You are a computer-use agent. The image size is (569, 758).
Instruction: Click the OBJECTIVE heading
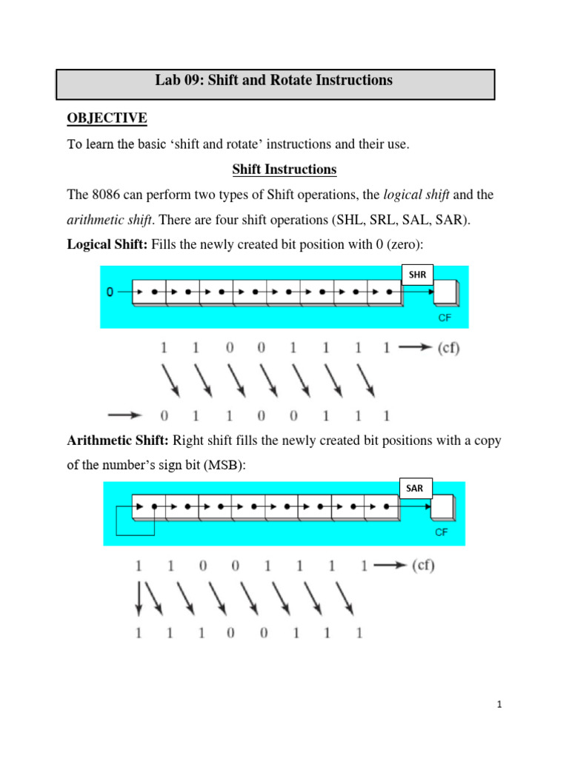click(x=107, y=118)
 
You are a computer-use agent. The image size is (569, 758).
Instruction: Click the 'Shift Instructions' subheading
click(x=284, y=170)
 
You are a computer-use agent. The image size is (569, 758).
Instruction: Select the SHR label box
click(x=417, y=275)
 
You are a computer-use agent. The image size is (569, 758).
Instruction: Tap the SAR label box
click(x=414, y=488)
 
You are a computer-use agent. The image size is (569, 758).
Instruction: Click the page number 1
click(x=500, y=705)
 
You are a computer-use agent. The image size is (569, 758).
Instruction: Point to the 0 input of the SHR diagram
click(x=110, y=292)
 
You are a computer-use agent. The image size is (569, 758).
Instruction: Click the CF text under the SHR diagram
click(x=444, y=320)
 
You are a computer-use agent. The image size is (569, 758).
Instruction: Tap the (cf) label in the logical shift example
click(x=444, y=348)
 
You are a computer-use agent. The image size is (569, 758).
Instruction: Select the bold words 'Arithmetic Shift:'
click(x=119, y=440)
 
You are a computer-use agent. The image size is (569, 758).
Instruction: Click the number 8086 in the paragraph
click(x=107, y=195)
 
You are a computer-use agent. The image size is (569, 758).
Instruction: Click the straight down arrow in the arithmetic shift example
click(x=139, y=598)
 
